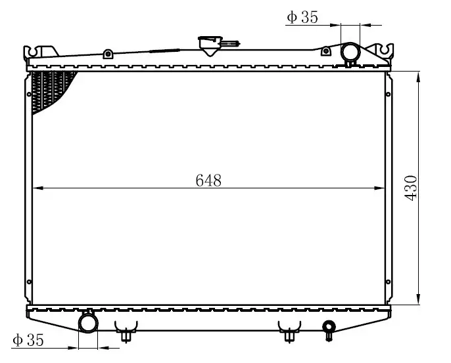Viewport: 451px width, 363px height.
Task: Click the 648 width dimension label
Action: [x=208, y=181]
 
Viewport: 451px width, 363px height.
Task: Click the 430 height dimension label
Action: [x=410, y=188]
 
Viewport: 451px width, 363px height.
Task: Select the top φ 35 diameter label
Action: [x=302, y=17]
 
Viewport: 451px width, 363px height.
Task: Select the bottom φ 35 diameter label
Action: [x=28, y=340]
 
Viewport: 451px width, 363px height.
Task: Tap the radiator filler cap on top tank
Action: [x=210, y=45]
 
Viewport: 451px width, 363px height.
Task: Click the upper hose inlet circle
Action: [x=350, y=52]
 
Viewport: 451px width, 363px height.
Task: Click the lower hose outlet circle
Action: [x=88, y=324]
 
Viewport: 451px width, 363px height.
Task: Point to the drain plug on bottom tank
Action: [x=329, y=330]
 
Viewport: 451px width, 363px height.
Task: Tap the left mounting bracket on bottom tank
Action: [x=126, y=331]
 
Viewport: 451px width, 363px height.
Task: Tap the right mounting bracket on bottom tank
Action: [x=289, y=331]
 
